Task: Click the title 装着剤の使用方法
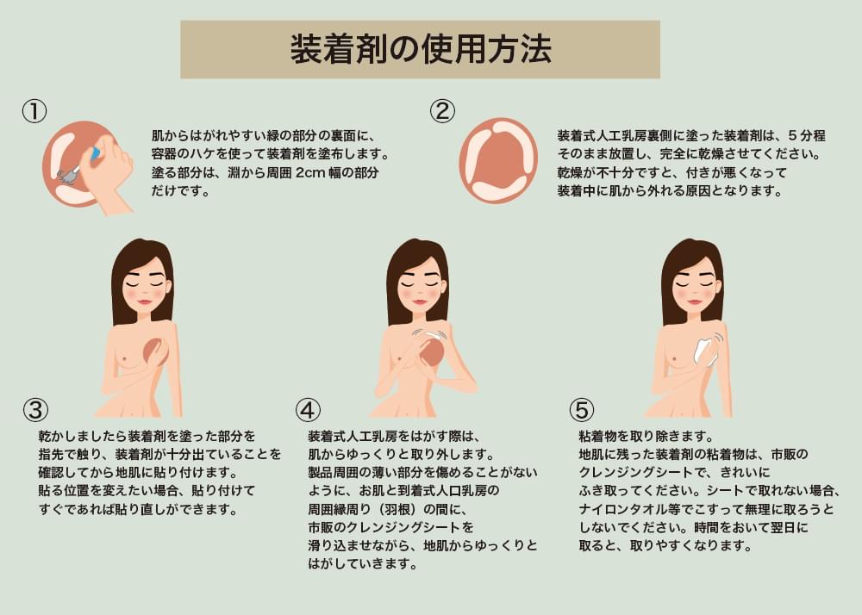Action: [x=421, y=49]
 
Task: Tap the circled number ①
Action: [x=34, y=111]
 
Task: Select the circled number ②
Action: [x=442, y=111]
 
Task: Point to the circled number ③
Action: [x=35, y=410]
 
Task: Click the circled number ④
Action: [x=308, y=410]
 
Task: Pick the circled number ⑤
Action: [x=582, y=410]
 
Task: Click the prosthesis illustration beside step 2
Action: [x=498, y=160]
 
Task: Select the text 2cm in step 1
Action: [x=310, y=172]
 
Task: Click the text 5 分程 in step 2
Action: [x=807, y=135]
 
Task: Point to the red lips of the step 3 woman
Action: [x=144, y=301]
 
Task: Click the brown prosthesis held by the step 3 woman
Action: [x=154, y=351]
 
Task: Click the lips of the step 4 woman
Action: [x=420, y=301]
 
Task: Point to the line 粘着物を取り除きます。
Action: [x=646, y=436]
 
